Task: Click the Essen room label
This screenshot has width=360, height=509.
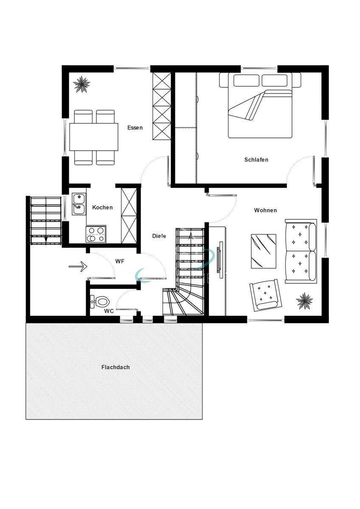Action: pos(135,128)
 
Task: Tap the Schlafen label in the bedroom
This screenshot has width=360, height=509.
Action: pos(256,160)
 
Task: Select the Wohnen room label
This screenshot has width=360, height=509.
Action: pos(265,210)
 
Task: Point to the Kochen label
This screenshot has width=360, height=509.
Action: pos(102,207)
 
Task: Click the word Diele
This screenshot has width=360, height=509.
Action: pos(159,236)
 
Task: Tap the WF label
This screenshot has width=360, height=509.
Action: pos(120,261)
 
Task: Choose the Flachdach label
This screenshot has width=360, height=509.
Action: pos(115,367)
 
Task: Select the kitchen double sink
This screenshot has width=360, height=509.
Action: pos(79,204)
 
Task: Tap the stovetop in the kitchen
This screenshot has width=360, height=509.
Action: pos(96,234)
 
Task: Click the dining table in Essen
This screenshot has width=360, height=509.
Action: pos(94,137)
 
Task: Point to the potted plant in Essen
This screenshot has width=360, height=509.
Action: pos(82,84)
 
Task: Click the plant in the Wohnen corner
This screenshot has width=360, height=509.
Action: pos(304,301)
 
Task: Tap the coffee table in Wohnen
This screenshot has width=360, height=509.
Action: pos(264,251)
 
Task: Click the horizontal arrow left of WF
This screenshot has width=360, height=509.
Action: pos(78,266)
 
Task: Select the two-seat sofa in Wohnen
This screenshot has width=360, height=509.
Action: pos(301,251)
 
